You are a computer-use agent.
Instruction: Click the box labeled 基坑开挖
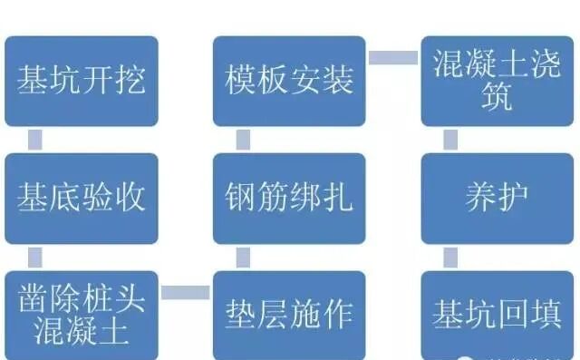(82, 81)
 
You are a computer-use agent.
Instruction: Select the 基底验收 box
(82, 198)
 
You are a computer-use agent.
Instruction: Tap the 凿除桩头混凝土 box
(82, 313)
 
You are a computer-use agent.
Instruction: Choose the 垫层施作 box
(289, 313)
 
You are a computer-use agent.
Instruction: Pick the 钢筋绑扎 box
(289, 198)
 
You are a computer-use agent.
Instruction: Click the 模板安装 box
(289, 81)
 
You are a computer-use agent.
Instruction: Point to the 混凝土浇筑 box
(498, 81)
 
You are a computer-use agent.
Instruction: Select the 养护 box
(498, 198)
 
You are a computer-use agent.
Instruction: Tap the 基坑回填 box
(498, 313)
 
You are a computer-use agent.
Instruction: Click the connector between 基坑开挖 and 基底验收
(35, 140)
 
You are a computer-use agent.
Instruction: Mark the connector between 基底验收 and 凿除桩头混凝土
(35, 257)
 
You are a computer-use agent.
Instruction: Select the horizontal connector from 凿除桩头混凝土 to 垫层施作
(186, 292)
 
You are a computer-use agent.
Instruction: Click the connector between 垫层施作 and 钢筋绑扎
(243, 257)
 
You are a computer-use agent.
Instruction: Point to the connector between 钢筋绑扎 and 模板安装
(243, 140)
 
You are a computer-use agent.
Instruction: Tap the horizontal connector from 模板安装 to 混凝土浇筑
(393, 58)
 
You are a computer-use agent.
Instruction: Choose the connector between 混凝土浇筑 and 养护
(450, 140)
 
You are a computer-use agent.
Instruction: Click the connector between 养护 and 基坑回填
(450, 257)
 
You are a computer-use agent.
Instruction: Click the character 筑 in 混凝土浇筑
(498, 98)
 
